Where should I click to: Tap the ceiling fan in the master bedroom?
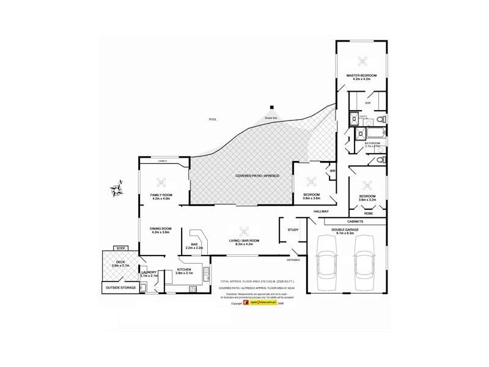361,61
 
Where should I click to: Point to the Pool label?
213,119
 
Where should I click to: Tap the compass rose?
116,188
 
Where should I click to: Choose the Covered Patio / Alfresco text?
257,176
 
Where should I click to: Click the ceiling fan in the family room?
162,181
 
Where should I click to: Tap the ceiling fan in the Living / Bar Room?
244,231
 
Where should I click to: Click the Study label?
293,229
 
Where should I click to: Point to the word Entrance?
293,259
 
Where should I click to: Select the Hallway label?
321,212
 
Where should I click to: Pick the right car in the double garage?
365,264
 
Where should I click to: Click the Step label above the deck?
120,248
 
